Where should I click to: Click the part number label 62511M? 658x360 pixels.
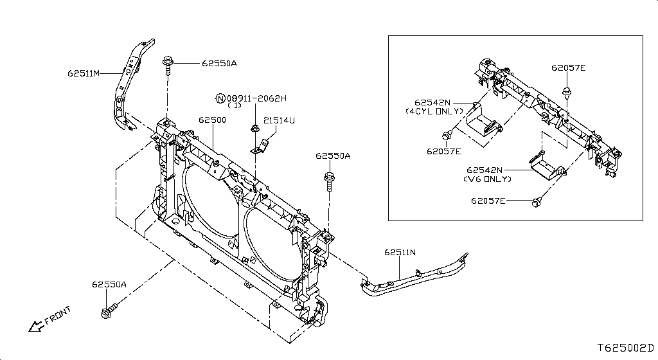84,73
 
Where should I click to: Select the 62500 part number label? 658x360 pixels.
211,120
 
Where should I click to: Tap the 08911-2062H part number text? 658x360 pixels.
256,98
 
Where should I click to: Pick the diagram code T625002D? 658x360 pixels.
625,347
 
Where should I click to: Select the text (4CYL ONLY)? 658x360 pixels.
434,111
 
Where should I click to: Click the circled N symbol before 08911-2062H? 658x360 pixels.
220,98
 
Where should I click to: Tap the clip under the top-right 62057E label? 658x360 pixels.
567,93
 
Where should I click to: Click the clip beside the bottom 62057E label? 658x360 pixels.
535,203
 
